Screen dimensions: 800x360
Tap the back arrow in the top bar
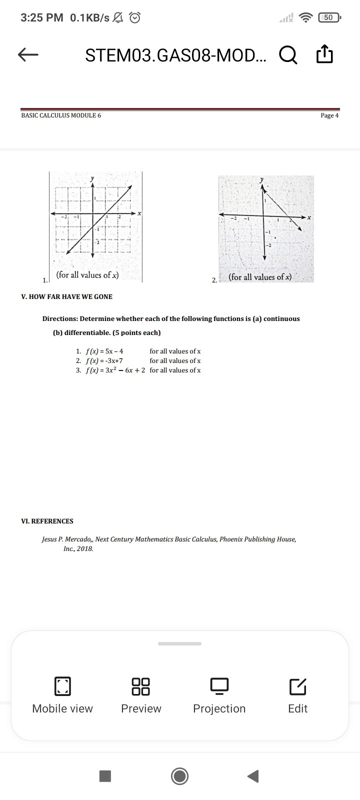[28, 55]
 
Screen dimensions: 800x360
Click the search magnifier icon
[288, 55]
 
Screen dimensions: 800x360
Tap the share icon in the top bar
[324, 54]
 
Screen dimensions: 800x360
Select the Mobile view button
[62, 695]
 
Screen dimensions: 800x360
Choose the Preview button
[141, 695]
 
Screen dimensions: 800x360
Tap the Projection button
[219, 695]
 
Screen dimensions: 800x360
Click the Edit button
[297, 695]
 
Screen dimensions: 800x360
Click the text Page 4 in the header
[329, 115]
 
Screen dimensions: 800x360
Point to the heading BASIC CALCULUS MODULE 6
[61, 115]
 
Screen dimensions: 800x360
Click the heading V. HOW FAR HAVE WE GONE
[67, 296]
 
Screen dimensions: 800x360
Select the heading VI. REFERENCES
[47, 521]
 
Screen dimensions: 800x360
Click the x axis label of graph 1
[140, 213]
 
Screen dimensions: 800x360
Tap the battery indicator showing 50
[328, 18]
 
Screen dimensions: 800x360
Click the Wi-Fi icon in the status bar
[305, 18]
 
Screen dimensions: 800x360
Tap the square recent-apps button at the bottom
[105, 776]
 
